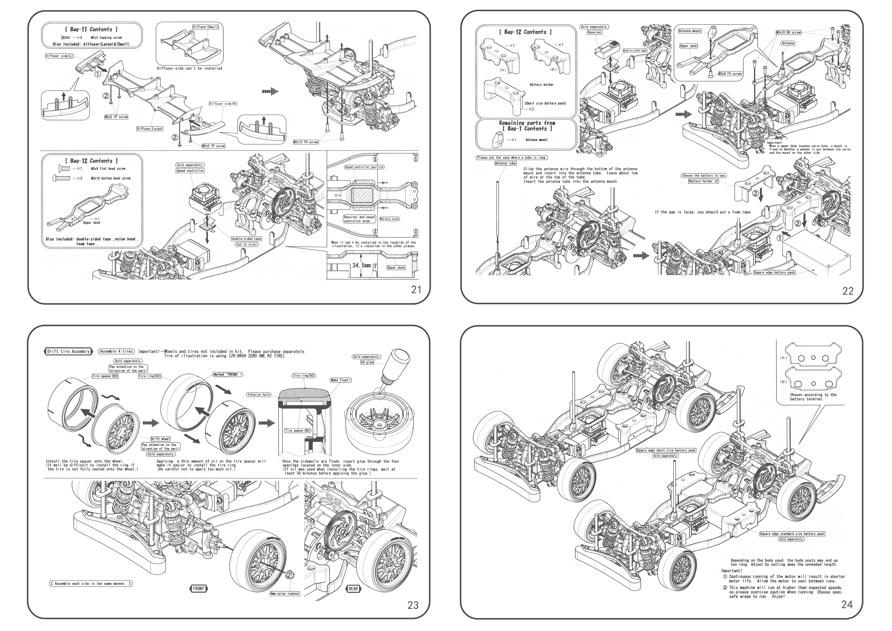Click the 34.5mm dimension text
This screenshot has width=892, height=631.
point(361,266)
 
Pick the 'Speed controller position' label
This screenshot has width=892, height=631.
point(364,167)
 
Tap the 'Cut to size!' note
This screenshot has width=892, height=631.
point(246,244)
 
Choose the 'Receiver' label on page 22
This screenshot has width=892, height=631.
point(594,33)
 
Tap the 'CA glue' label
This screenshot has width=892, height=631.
point(367,362)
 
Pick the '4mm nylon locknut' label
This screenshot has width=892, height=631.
point(285,594)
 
